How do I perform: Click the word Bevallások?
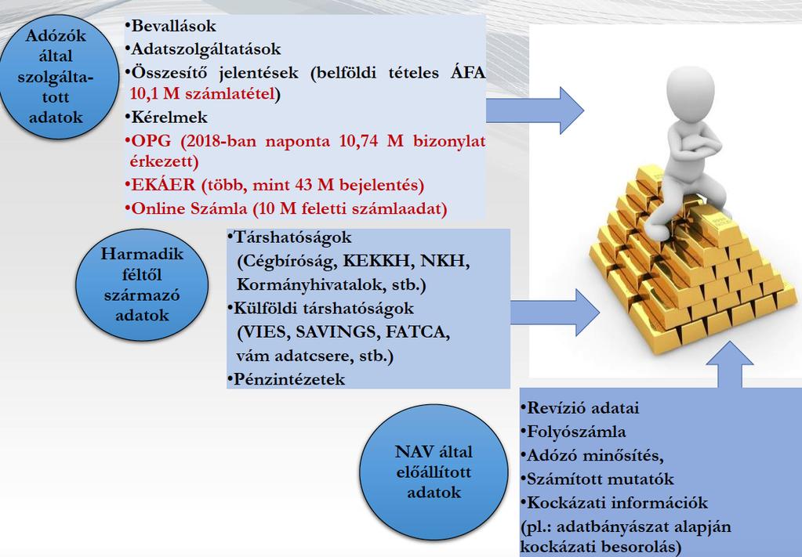pyautogui.click(x=173, y=26)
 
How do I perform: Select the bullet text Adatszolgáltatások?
pyautogui.click(x=205, y=49)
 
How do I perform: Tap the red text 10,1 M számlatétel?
pyautogui.click(x=202, y=93)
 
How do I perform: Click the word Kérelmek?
pyautogui.click(x=169, y=117)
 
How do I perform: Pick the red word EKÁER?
pyautogui.click(x=164, y=184)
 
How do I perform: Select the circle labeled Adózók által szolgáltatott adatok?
pyautogui.click(x=58, y=77)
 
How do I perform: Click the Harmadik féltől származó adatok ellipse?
pyautogui.click(x=142, y=284)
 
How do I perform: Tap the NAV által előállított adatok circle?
pyautogui.click(x=434, y=472)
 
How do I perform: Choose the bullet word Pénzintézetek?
pyautogui.click(x=289, y=379)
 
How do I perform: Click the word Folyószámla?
pyautogui.click(x=576, y=432)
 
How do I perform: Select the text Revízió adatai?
pyautogui.click(x=582, y=408)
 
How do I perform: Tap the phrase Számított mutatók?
pyautogui.click(x=600, y=479)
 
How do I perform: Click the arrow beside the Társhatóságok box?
pyautogui.click(x=554, y=313)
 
